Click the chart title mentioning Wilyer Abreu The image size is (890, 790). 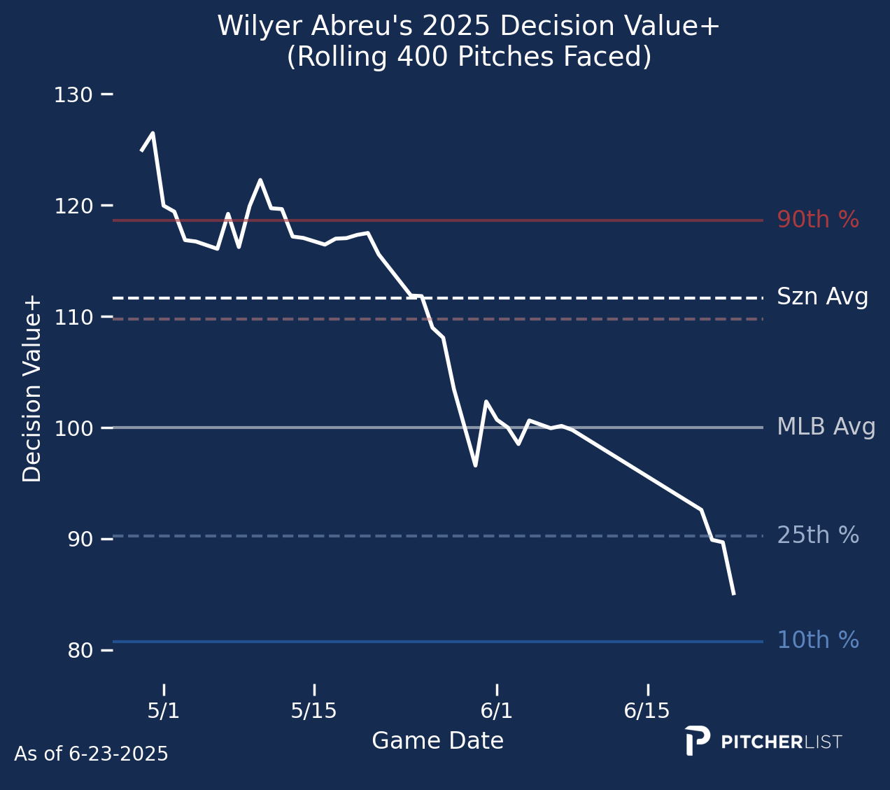tap(468, 42)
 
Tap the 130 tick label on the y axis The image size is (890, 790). tap(73, 94)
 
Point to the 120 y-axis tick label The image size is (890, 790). tap(73, 206)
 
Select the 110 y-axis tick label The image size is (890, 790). tap(73, 317)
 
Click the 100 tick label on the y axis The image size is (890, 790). tap(73, 428)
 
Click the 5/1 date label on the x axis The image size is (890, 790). tap(164, 712)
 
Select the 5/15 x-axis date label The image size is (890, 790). tap(314, 712)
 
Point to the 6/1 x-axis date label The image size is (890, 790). tap(497, 712)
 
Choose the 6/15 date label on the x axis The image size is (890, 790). tap(647, 712)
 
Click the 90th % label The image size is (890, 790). tap(818, 220)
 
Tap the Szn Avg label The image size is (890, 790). tap(823, 297)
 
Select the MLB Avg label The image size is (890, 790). tap(826, 427)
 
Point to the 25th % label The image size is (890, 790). tap(818, 535)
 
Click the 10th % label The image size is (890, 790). tap(818, 640)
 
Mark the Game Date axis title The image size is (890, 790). tap(437, 741)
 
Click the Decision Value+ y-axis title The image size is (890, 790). tap(32, 389)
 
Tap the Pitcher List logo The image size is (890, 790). tap(763, 742)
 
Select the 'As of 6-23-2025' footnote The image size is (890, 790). tap(91, 754)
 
